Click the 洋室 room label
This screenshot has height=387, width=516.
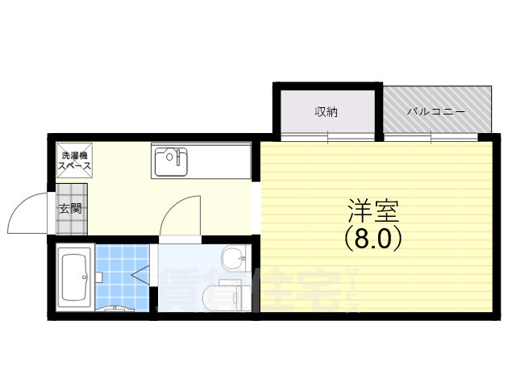[x=372, y=211]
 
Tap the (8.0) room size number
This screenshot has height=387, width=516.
[x=372, y=238]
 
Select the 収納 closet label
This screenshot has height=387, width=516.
[x=326, y=112]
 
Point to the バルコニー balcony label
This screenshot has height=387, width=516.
[x=436, y=112]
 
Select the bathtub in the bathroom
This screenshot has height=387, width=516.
[x=77, y=278]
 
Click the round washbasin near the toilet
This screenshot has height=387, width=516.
[x=232, y=257]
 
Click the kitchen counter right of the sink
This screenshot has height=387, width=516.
[x=222, y=161]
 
